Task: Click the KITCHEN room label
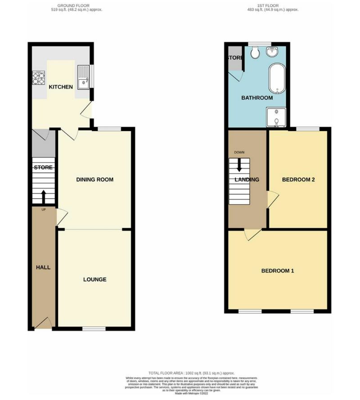pyautogui.click(x=61, y=87)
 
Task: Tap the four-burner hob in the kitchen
pyautogui.click(x=38, y=79)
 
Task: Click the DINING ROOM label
pyautogui.click(x=94, y=180)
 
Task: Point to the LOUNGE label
pyautogui.click(x=94, y=280)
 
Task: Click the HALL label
pyautogui.click(x=43, y=268)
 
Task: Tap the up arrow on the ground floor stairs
pyautogui.click(x=43, y=196)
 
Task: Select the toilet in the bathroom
pyautogui.click(x=255, y=53)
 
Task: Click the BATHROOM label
pyautogui.click(x=257, y=98)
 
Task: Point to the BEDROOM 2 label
pyautogui.click(x=298, y=180)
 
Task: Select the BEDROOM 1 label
pyautogui.click(x=278, y=271)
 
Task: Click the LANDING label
pyautogui.click(x=247, y=180)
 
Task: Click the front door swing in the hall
pyautogui.click(x=43, y=323)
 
